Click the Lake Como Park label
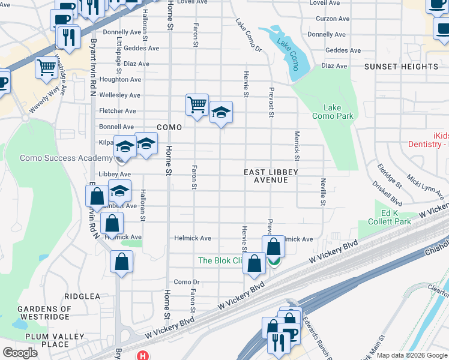333,112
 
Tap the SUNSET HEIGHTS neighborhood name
401,67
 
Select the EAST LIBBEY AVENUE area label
271,176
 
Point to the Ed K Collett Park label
380,217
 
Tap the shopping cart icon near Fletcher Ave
197,106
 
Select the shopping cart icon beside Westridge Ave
46,68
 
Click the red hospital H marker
142,355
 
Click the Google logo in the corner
20,353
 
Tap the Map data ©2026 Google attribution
412,355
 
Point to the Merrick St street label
297,146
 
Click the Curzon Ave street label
332,19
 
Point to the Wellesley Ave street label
119,95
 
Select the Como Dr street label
186,282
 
